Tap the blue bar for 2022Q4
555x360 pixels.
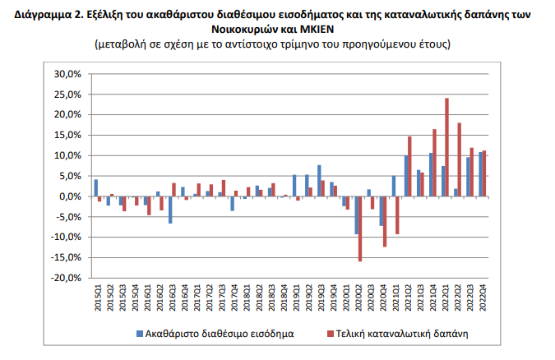tap(480, 174)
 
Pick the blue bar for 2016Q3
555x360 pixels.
tap(170, 210)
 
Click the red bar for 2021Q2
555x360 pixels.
tap(409, 167)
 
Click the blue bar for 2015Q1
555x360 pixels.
tap(95, 187)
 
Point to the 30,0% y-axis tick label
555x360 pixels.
tap(68, 74)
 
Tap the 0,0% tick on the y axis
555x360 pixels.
tap(71, 196)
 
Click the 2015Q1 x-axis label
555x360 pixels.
tap(97, 297)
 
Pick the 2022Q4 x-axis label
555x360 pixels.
tap(482, 297)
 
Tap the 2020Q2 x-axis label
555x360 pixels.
tap(358, 297)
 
